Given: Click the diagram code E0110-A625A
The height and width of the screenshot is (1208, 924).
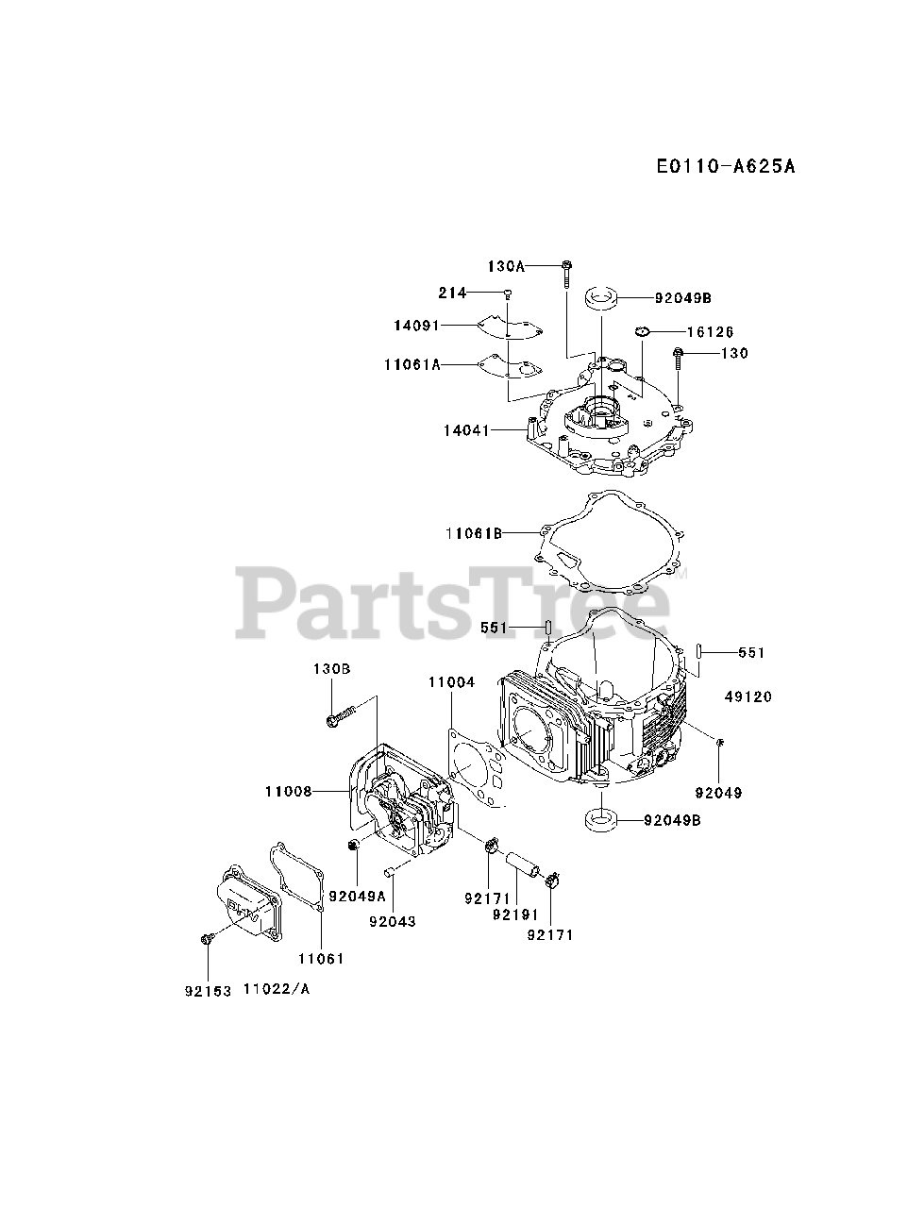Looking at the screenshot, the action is (726, 167).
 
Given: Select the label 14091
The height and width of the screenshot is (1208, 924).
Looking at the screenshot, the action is (418, 326).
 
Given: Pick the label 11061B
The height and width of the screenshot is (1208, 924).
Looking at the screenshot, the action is (473, 533).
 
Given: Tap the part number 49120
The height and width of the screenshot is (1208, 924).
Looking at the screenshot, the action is (748, 696).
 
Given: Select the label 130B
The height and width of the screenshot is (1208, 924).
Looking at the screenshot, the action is (332, 668).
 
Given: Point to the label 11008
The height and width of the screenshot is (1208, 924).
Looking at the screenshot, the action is (288, 792).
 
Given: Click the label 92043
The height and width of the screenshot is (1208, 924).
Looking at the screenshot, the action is (393, 921).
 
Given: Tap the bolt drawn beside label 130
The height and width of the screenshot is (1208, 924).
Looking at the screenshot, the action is (678, 359).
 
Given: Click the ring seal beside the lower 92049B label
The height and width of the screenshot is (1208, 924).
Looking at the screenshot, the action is (600, 820).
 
